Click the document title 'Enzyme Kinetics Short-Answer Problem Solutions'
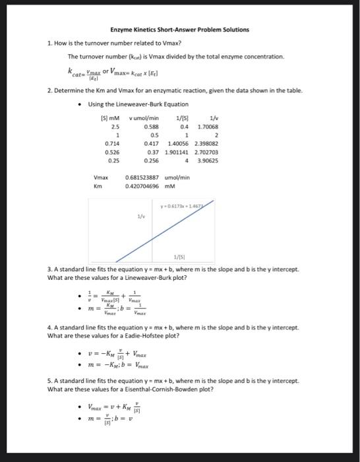(180, 30)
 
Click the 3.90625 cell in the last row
(208, 159)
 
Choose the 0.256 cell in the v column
(150, 159)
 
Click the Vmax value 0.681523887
(146, 178)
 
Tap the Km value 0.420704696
(146, 186)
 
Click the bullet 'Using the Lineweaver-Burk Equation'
(138, 104)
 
